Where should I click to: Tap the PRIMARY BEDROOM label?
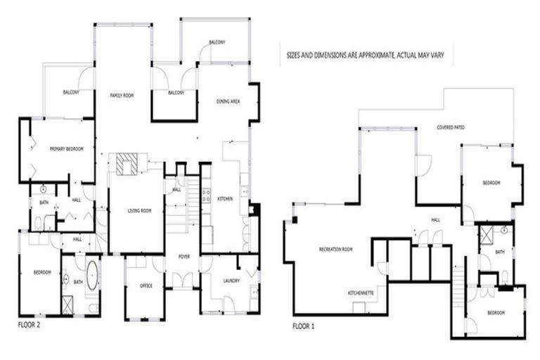pyautogui.click(x=67, y=149)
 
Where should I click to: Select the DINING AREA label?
pyautogui.click(x=229, y=102)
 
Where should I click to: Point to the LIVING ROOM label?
pyautogui.click(x=139, y=210)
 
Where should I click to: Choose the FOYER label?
pyautogui.click(x=184, y=256)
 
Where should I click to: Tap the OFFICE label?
pyautogui.click(x=146, y=285)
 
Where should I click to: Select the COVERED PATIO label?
pyautogui.click(x=450, y=127)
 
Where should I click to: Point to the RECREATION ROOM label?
pyautogui.click(x=335, y=250)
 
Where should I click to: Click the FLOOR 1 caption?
pyautogui.click(x=304, y=326)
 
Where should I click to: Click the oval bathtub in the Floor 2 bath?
pyautogui.click(x=92, y=275)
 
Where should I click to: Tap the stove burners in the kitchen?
pyautogui.click(x=207, y=195)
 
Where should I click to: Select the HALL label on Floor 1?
pyautogui.click(x=435, y=219)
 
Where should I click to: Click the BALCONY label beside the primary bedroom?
pyautogui.click(x=71, y=92)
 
